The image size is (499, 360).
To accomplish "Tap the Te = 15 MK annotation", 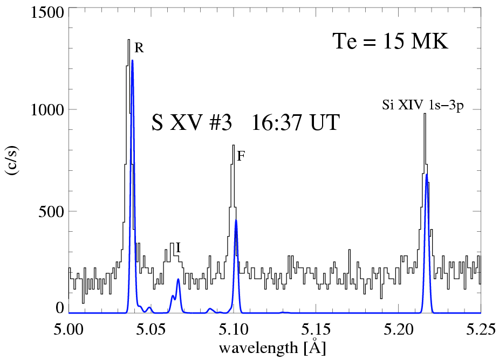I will coord(389,41).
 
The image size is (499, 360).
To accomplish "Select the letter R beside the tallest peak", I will coord(139,48).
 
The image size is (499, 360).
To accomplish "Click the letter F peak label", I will coord(241,157).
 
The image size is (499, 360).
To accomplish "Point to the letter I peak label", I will coord(178,247).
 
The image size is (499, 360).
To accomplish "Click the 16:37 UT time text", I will coord(293,123).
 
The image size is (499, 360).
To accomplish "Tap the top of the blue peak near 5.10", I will coord(236,220).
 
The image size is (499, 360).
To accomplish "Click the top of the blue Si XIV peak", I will coord(427,175).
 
